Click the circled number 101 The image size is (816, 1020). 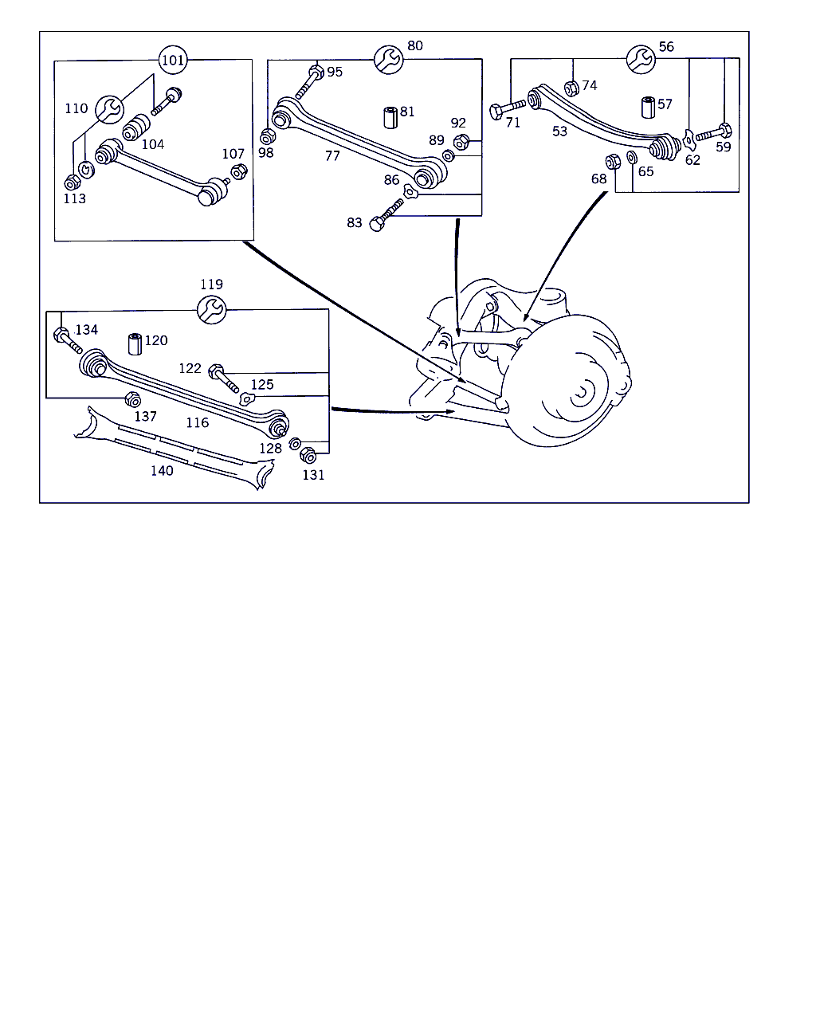(173, 60)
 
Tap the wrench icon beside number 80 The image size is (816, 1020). (388, 60)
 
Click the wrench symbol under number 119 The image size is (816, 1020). (211, 309)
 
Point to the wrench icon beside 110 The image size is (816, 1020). (111, 108)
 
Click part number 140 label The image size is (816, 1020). (162, 471)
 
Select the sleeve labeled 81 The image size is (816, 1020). (390, 116)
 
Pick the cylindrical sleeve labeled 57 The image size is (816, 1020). (647, 107)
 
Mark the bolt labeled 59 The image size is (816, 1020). (713, 133)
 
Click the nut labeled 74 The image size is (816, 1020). (571, 87)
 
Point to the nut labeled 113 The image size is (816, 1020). (70, 181)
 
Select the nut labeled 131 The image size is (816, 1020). (309, 456)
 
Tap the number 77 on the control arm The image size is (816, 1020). (332, 156)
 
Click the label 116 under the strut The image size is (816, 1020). (198, 423)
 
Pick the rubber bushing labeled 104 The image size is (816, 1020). (136, 127)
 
